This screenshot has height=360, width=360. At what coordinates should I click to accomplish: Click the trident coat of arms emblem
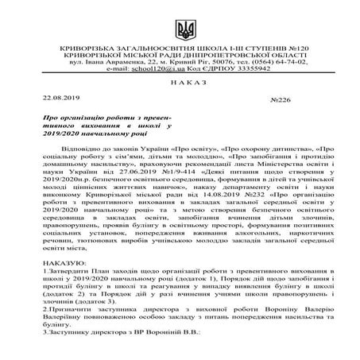180,30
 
